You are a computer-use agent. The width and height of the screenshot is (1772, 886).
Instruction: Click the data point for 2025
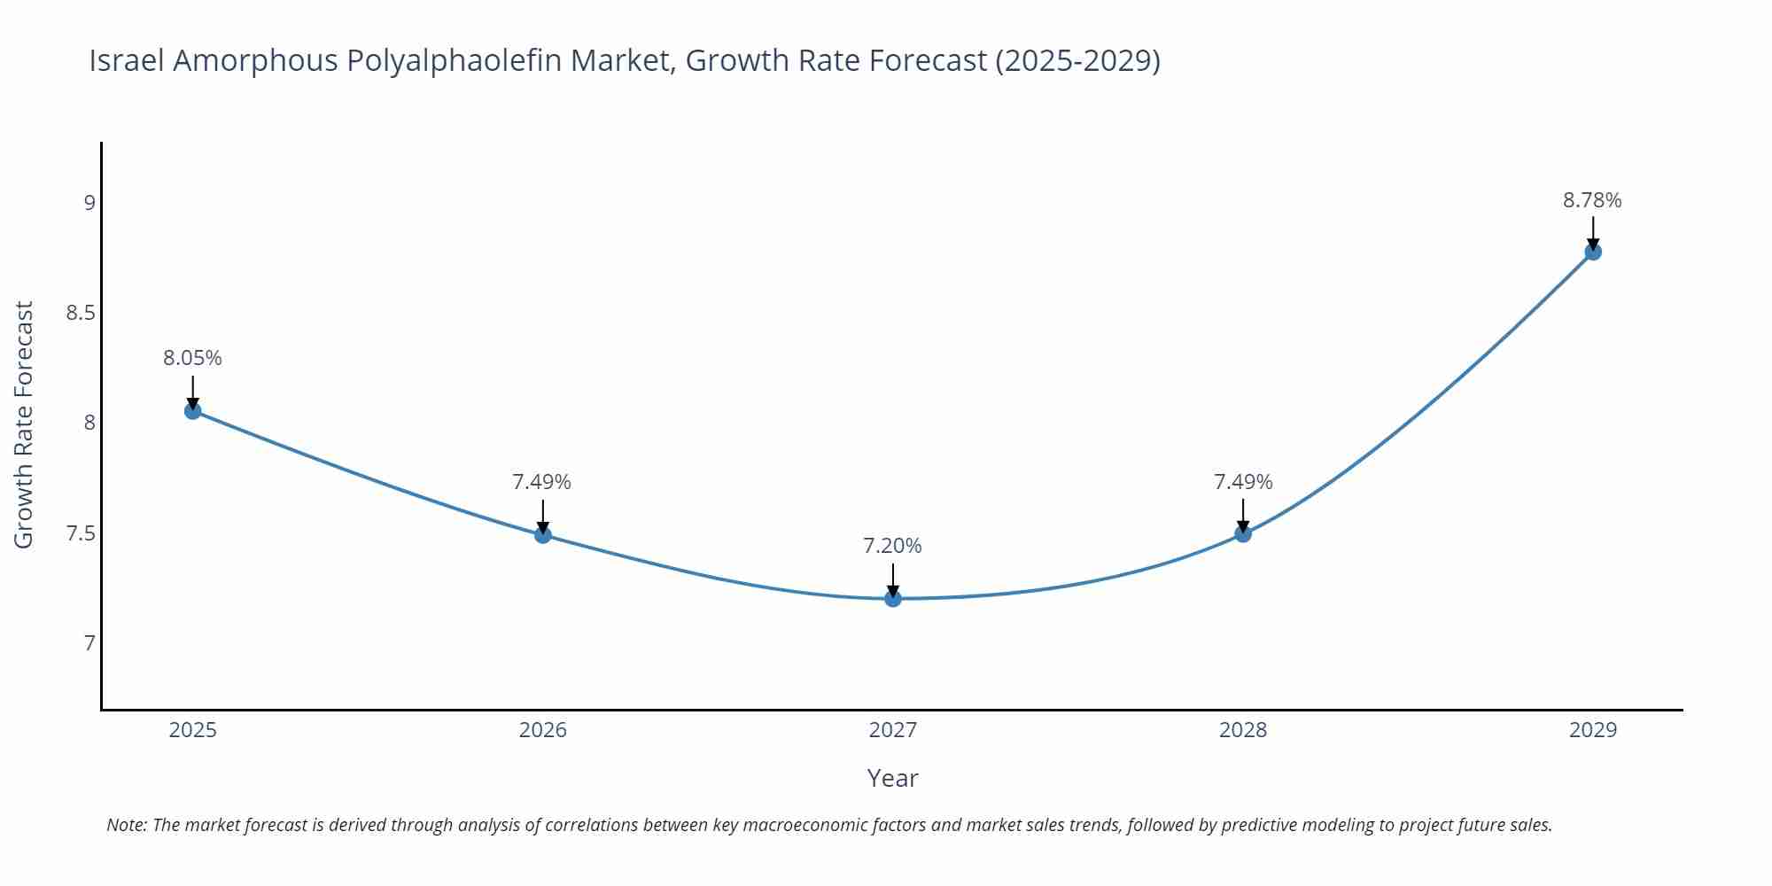point(193,411)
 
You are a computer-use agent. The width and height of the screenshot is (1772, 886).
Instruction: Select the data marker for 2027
point(893,599)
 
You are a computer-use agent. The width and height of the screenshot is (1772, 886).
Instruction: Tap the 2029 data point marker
point(1593,252)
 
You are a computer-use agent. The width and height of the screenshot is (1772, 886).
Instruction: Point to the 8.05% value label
point(192,358)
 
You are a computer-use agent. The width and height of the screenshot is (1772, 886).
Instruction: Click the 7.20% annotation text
point(892,546)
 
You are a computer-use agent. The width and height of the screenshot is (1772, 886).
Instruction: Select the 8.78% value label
point(1592,200)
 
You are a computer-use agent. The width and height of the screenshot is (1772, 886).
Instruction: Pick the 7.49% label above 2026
point(541,482)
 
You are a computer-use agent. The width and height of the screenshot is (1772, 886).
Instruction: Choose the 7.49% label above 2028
point(1243,482)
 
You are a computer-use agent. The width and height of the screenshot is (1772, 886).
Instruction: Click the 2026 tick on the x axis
point(542,730)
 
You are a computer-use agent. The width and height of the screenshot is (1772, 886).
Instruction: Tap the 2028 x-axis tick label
point(1243,730)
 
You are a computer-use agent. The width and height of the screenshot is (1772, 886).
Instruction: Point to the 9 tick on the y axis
point(89,203)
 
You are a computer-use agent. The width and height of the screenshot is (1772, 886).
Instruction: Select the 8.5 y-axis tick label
point(81,313)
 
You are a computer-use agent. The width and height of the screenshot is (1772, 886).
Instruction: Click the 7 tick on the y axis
point(89,642)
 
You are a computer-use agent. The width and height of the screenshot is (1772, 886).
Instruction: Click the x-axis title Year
point(892,778)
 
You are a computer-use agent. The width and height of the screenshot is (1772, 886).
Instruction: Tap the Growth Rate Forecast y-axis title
point(24,424)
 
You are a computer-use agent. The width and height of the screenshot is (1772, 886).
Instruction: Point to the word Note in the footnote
point(126,825)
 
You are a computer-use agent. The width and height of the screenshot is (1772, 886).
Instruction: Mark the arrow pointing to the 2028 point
point(1243,515)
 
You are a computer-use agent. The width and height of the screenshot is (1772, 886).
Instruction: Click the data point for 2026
point(543,534)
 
